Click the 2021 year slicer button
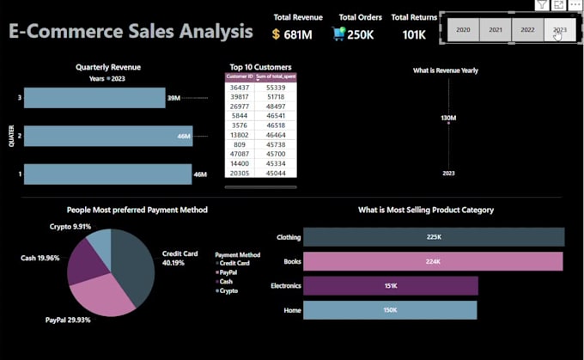[496, 30]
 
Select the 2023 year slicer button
[559, 30]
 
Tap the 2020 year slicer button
[463, 30]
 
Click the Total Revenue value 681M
[298, 34]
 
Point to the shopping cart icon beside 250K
[339, 34]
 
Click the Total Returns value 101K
[414, 34]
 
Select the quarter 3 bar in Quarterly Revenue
[94, 98]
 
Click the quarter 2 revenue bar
[107, 136]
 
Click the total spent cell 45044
[276, 172]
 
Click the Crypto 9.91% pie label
[70, 227]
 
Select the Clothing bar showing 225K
[433, 237]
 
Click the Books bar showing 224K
[433, 261]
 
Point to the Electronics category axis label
[284, 286]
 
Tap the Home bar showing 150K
[389, 310]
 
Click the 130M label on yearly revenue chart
[448, 118]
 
